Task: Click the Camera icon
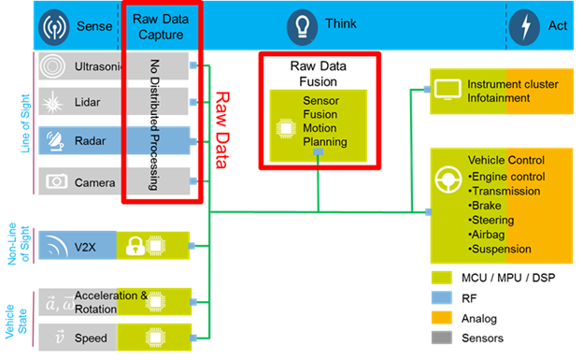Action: click(x=53, y=181)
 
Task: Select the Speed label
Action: click(x=91, y=338)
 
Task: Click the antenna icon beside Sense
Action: click(x=53, y=26)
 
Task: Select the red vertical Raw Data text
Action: click(x=222, y=130)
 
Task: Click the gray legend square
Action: click(x=441, y=337)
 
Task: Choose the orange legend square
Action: click(x=441, y=317)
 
